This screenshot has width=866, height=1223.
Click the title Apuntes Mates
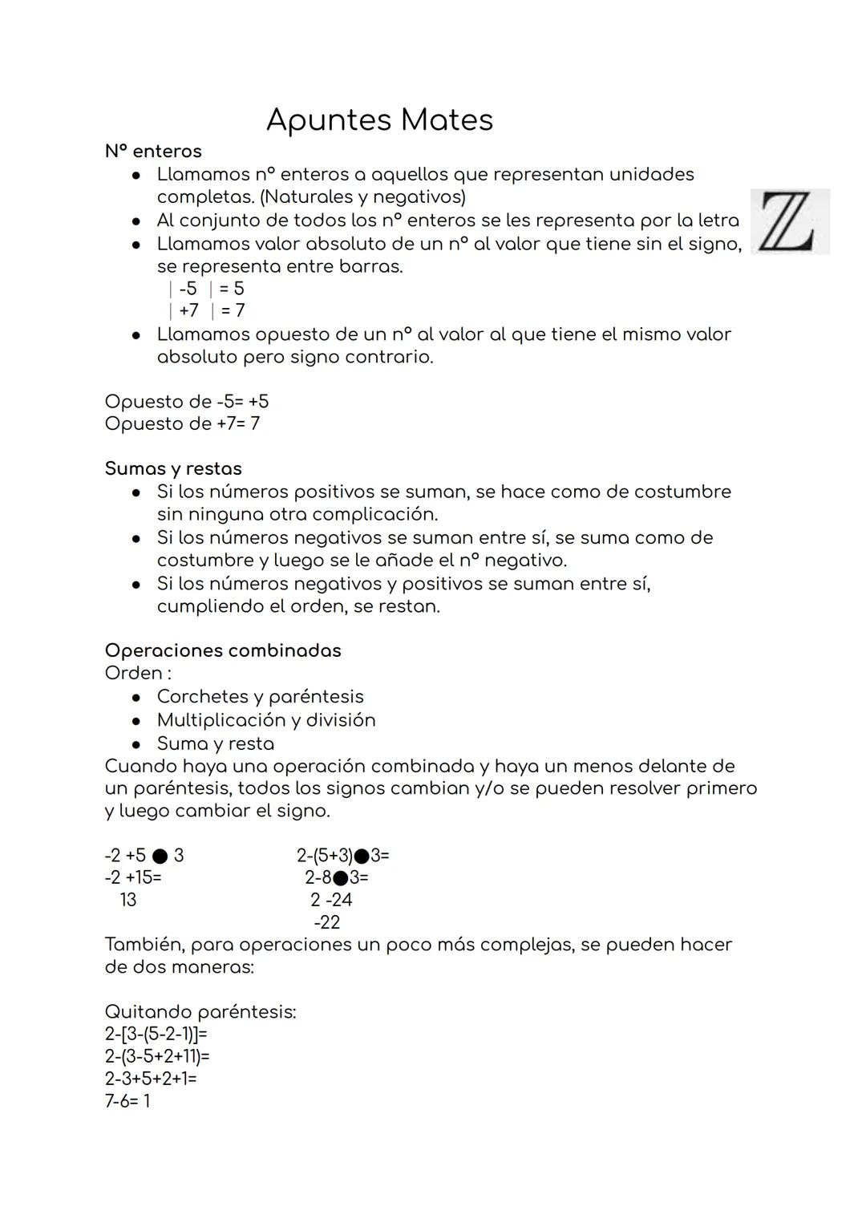378,120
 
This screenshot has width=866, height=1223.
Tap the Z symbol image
789,221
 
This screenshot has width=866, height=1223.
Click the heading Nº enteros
153,151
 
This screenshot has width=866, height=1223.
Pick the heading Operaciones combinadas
223,650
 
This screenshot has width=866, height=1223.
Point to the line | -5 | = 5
206,289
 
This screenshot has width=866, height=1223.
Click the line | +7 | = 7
206,310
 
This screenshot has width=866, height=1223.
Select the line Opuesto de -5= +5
186,401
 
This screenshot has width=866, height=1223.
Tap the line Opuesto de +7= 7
182,423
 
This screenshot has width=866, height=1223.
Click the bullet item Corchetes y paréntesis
260,696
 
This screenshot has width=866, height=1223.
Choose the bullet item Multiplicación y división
265,719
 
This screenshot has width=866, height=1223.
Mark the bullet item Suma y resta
215,743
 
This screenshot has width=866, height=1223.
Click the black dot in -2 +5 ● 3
160,856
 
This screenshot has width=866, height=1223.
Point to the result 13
128,900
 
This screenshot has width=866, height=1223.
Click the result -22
327,922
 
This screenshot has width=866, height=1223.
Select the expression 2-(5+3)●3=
342,856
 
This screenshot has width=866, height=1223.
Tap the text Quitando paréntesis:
200,1012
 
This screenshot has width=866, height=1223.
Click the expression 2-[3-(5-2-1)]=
156,1035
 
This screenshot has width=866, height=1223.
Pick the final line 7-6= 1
127,1101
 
